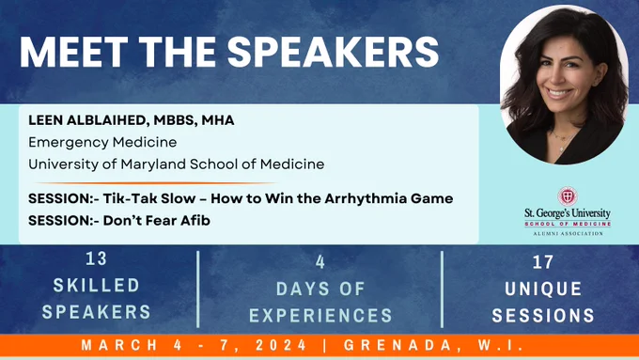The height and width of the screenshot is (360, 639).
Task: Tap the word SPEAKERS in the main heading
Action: click(333, 53)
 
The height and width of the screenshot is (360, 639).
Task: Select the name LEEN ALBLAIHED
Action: click(86, 120)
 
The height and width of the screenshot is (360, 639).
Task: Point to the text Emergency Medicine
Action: click(102, 142)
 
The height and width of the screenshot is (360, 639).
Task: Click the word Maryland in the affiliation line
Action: click(154, 164)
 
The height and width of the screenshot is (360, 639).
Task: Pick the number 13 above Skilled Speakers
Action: click(97, 258)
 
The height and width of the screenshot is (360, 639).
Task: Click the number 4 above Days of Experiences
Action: click(320, 262)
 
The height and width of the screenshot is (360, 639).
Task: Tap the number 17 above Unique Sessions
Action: click(543, 262)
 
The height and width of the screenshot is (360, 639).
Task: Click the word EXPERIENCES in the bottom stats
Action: click(320, 316)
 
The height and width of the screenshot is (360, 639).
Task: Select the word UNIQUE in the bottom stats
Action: click(543, 290)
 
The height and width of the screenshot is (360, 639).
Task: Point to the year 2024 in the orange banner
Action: click(281, 345)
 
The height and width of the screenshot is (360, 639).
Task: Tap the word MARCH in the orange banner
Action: click(119, 345)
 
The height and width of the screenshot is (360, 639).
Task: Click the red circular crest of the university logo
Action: click(568, 196)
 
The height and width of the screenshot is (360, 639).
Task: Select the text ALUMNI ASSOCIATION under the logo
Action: click(569, 234)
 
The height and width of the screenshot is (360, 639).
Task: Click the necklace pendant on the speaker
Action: click(562, 148)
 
